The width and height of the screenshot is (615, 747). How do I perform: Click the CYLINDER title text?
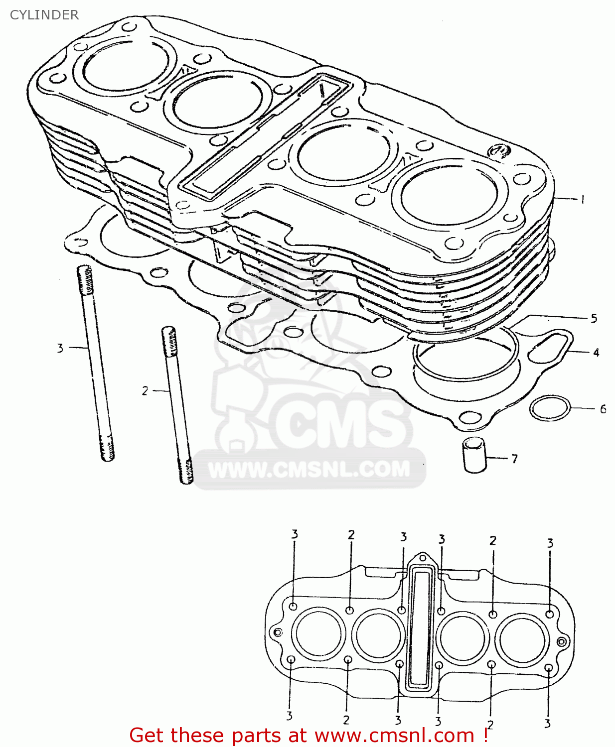44,15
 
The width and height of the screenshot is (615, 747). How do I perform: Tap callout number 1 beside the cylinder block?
582,199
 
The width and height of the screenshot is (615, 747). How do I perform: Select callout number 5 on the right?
594,318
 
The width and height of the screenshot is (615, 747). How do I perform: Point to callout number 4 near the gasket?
596,353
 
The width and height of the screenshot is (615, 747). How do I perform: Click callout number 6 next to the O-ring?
603,409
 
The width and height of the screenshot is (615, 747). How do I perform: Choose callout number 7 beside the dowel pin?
514,458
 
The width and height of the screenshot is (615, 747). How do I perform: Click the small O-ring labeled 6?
549,408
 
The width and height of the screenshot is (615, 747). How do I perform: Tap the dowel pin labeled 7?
474,454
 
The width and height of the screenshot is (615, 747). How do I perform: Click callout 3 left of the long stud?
60,348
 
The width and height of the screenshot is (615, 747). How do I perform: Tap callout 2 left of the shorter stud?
145,391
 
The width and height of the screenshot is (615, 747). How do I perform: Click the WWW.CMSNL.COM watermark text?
309,469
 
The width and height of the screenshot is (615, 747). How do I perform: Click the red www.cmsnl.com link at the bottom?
394,736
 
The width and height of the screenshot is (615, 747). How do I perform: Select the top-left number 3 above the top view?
295,534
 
